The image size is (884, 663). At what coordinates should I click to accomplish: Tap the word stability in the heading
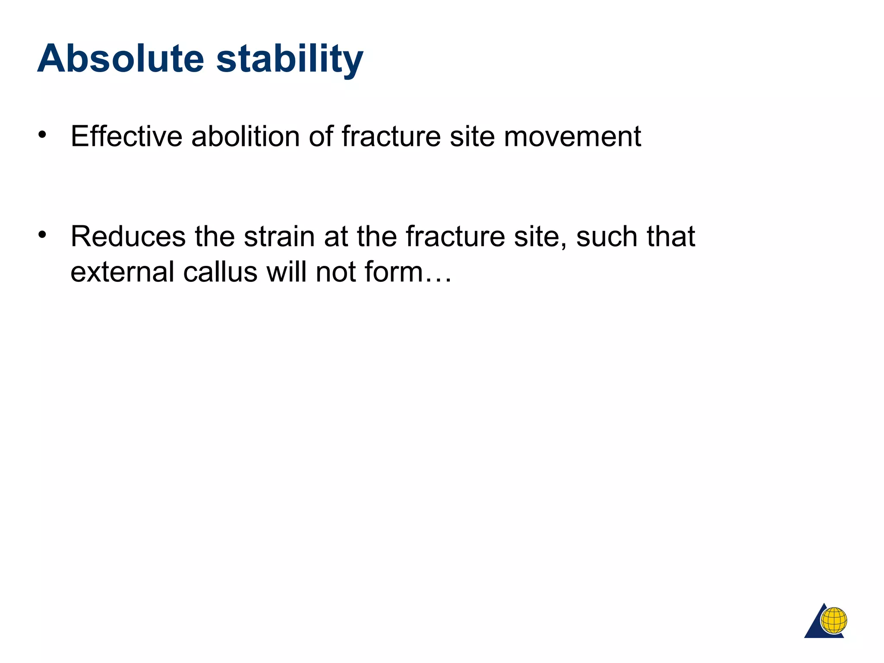(x=290, y=59)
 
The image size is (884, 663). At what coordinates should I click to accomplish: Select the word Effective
(x=126, y=136)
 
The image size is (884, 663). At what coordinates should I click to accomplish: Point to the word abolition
(x=246, y=136)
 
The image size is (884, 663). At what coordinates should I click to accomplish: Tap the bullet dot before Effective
(x=42, y=135)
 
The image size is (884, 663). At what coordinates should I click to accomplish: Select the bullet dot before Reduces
(x=42, y=235)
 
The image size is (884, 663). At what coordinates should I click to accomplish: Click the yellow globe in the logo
(x=833, y=620)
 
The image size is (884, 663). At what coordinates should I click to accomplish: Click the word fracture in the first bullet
(x=391, y=136)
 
